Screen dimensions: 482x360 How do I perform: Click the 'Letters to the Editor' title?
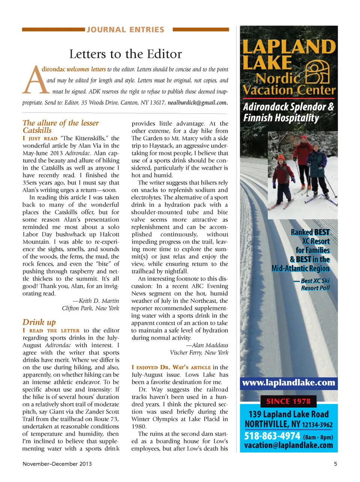click(x=125, y=54)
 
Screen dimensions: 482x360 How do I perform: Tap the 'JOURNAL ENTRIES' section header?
click(x=125, y=30)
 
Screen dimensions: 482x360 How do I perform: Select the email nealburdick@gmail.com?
click(x=198, y=102)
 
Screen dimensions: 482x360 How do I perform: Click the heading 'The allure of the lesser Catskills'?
click(x=60, y=127)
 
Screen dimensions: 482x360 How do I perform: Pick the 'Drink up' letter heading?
click(x=39, y=322)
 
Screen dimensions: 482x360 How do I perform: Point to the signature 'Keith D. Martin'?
click(x=99, y=301)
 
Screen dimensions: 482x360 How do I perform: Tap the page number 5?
click(x=335, y=464)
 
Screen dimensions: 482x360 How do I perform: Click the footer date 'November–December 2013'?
click(x=57, y=464)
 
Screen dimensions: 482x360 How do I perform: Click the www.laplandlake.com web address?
click(x=288, y=383)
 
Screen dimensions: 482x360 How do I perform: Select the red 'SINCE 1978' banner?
click(x=288, y=401)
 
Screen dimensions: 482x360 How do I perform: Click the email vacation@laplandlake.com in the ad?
click(x=288, y=446)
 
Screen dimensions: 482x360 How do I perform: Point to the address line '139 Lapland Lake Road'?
click(x=288, y=414)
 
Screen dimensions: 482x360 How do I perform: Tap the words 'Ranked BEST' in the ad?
click(x=310, y=232)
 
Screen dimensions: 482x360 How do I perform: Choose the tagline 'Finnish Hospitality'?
click(x=281, y=118)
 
